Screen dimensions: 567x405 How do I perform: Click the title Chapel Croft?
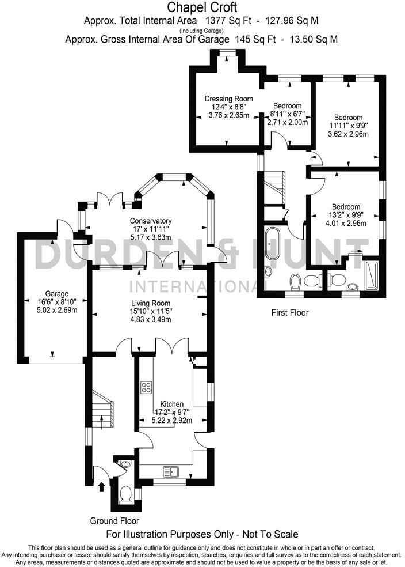click(x=202, y=7)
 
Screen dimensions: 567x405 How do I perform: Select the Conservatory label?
click(x=151, y=221)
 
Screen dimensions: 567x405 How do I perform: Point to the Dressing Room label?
click(x=228, y=99)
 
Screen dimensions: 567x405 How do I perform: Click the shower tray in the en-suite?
click(x=371, y=275)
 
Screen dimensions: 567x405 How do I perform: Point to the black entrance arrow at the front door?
click(x=102, y=487)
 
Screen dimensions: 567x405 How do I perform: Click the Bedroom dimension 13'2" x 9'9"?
click(x=345, y=216)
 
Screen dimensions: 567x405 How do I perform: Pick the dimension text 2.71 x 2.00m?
click(x=287, y=122)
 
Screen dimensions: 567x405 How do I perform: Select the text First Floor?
click(x=290, y=313)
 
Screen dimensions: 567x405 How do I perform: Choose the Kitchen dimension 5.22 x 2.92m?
click(x=171, y=421)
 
